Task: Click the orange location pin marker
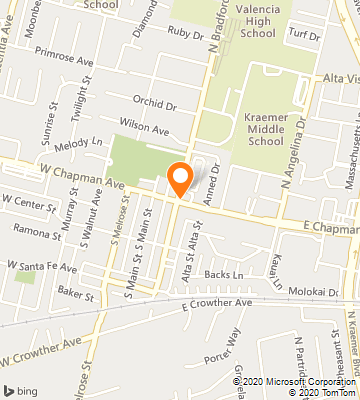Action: coord(180,177)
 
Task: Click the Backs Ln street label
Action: coord(224,274)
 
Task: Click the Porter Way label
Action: coord(222,350)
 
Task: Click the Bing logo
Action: coord(22,389)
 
